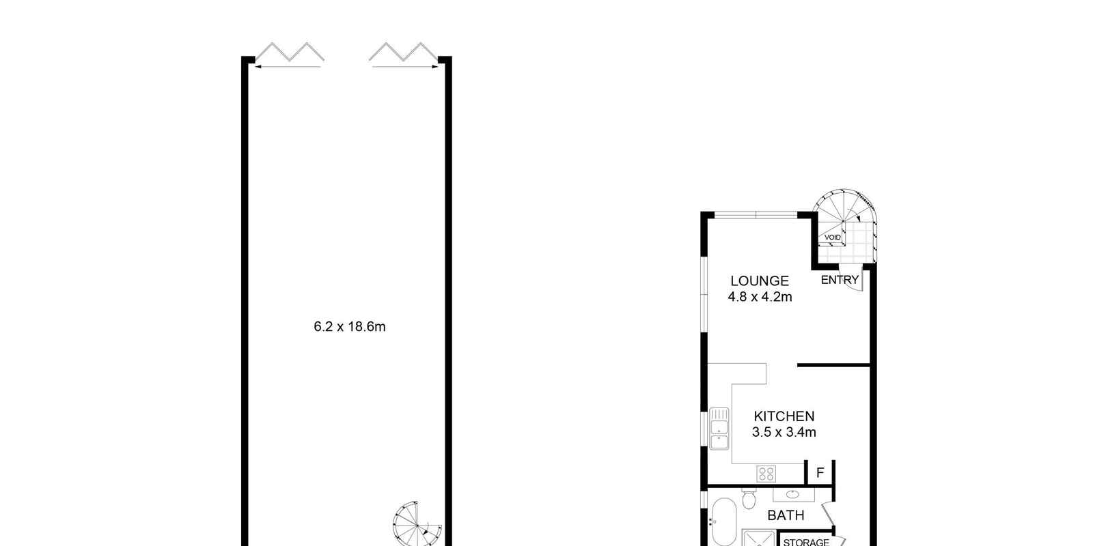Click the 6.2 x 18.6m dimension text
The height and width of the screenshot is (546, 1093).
tap(349, 326)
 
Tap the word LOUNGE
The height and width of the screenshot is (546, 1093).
tap(759, 281)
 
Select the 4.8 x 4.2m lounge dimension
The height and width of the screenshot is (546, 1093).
tap(759, 297)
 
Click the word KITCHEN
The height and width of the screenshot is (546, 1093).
tap(784, 416)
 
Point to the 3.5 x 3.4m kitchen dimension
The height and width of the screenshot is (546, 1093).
tap(784, 432)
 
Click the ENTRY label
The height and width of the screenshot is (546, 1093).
tap(839, 280)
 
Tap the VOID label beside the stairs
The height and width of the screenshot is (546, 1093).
tap(832, 238)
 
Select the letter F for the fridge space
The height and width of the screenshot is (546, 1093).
tap(820, 472)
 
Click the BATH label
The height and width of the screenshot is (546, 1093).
tap(786, 515)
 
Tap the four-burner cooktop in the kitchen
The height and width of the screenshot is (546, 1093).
tap(766, 472)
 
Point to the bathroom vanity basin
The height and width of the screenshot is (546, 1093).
tap(792, 494)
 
